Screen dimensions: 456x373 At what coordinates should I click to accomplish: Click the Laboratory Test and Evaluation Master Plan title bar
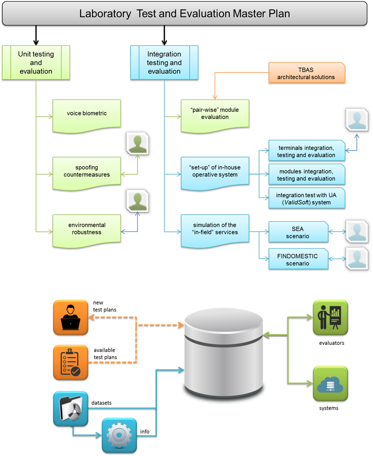point(185,13)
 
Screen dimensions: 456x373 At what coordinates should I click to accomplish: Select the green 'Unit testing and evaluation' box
point(36,63)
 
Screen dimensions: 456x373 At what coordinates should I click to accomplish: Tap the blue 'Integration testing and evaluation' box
point(164,63)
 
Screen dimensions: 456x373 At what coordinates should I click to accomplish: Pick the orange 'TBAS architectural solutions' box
point(306,73)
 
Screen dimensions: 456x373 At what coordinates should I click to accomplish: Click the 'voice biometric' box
point(87,114)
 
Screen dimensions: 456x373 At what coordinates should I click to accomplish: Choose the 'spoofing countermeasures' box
point(87,171)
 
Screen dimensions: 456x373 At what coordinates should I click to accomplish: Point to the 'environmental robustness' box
point(87,229)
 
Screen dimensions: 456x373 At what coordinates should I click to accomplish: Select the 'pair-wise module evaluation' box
point(215,114)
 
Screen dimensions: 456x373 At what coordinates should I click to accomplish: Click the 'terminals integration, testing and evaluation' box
point(306,151)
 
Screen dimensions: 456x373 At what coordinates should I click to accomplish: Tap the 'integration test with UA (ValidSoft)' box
point(306,199)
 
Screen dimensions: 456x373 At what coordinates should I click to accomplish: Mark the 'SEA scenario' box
point(298,232)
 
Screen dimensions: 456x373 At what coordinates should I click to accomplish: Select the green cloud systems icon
point(330,384)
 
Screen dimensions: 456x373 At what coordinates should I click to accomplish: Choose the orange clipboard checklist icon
point(70,363)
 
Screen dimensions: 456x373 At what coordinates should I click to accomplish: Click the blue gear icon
point(119,435)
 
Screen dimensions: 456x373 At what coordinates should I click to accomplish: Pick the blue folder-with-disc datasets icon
point(70,409)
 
